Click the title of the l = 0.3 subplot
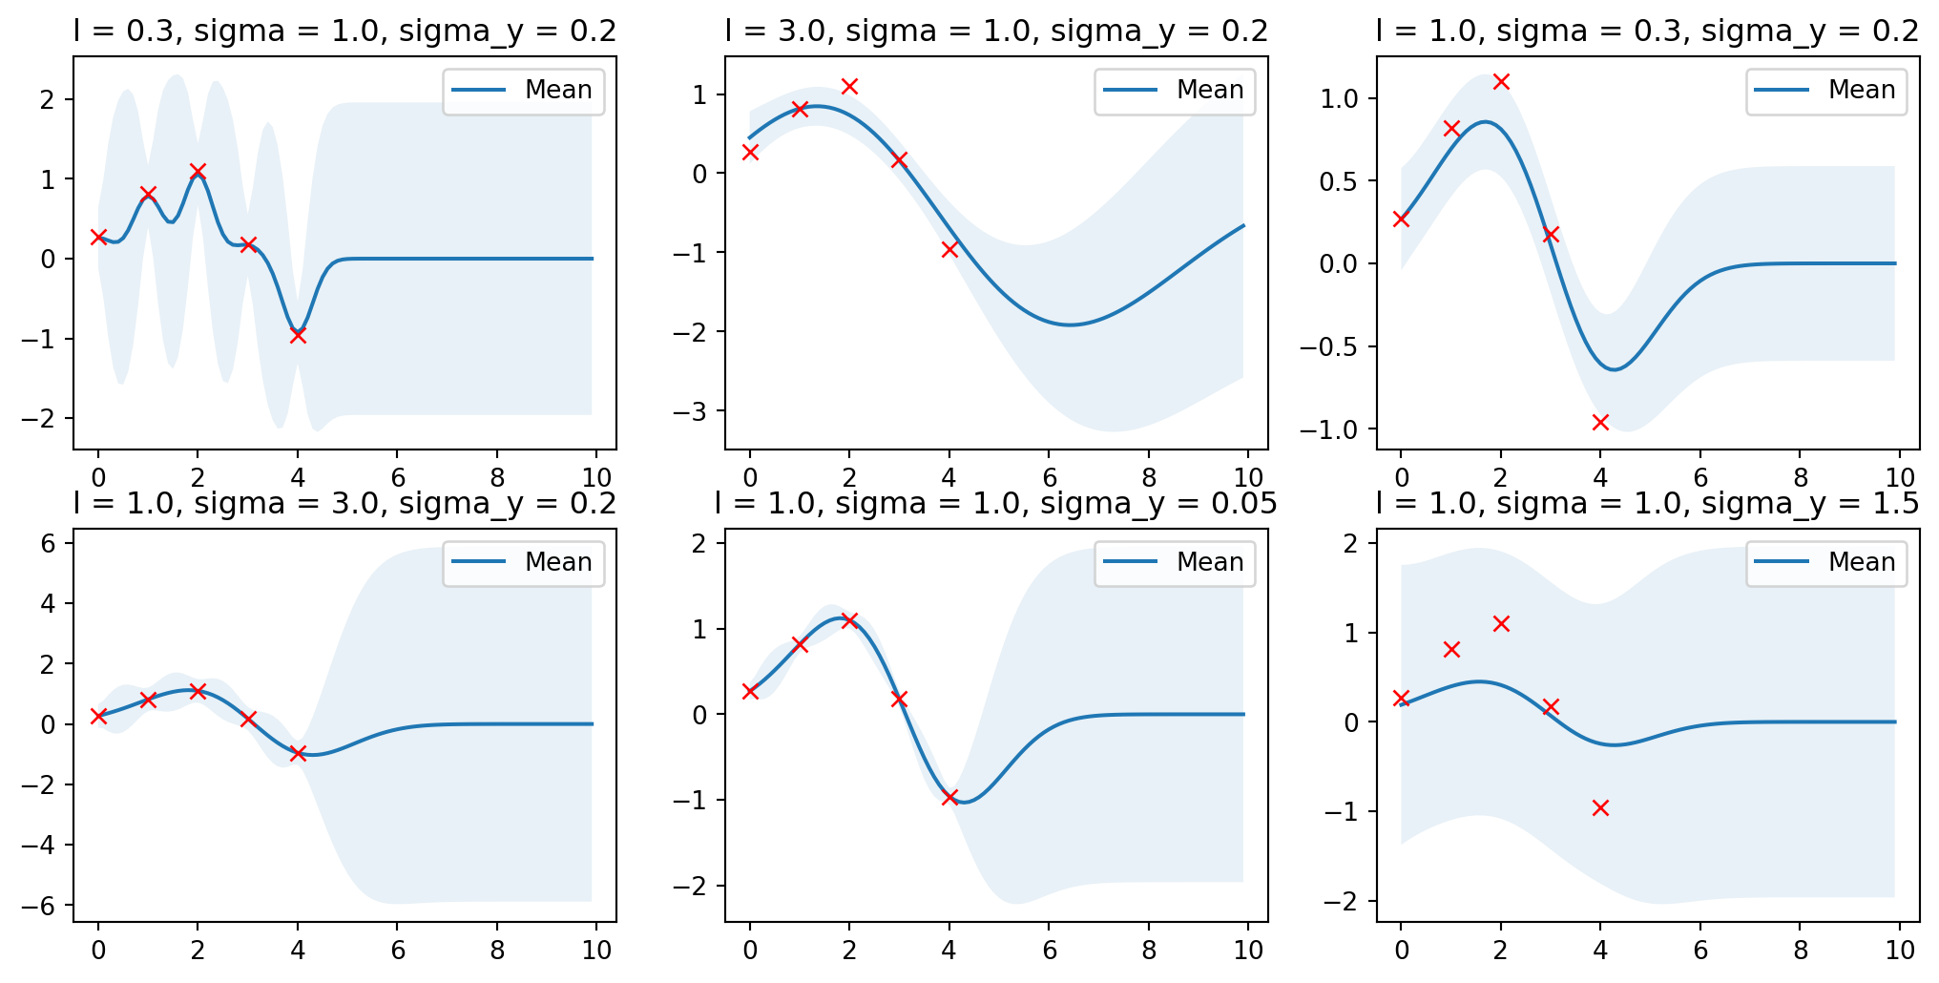(344, 31)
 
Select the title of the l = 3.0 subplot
(996, 31)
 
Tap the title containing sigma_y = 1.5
(1647, 503)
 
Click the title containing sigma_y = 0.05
(996, 503)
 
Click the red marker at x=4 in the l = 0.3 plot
(298, 335)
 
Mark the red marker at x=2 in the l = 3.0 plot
(849, 86)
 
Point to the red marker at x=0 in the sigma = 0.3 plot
(1401, 219)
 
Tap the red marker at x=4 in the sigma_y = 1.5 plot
(1600, 807)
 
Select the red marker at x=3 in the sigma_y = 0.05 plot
(899, 699)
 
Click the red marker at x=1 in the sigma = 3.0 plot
(148, 700)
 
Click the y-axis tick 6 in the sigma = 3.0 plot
(49, 544)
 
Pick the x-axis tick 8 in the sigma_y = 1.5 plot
(1801, 951)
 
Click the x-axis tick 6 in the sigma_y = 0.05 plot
(1049, 951)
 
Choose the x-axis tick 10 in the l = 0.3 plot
(596, 478)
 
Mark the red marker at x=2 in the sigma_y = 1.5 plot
(1501, 623)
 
